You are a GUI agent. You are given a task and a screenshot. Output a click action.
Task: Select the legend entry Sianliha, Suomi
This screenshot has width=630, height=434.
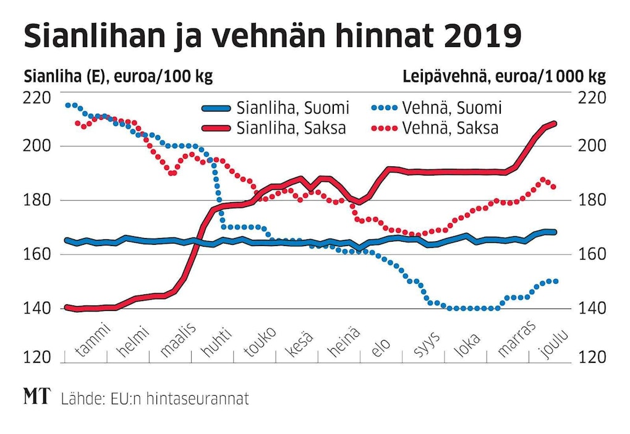[292, 108]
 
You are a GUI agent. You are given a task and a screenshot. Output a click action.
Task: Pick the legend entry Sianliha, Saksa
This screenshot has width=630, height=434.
[291, 128]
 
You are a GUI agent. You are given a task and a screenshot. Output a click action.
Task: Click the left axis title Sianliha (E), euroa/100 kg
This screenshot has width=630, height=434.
[118, 77]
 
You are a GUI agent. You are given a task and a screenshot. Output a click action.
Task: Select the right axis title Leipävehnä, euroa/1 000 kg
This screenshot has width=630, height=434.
[504, 77]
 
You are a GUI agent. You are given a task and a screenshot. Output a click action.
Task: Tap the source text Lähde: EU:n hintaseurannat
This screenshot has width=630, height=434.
[155, 399]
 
